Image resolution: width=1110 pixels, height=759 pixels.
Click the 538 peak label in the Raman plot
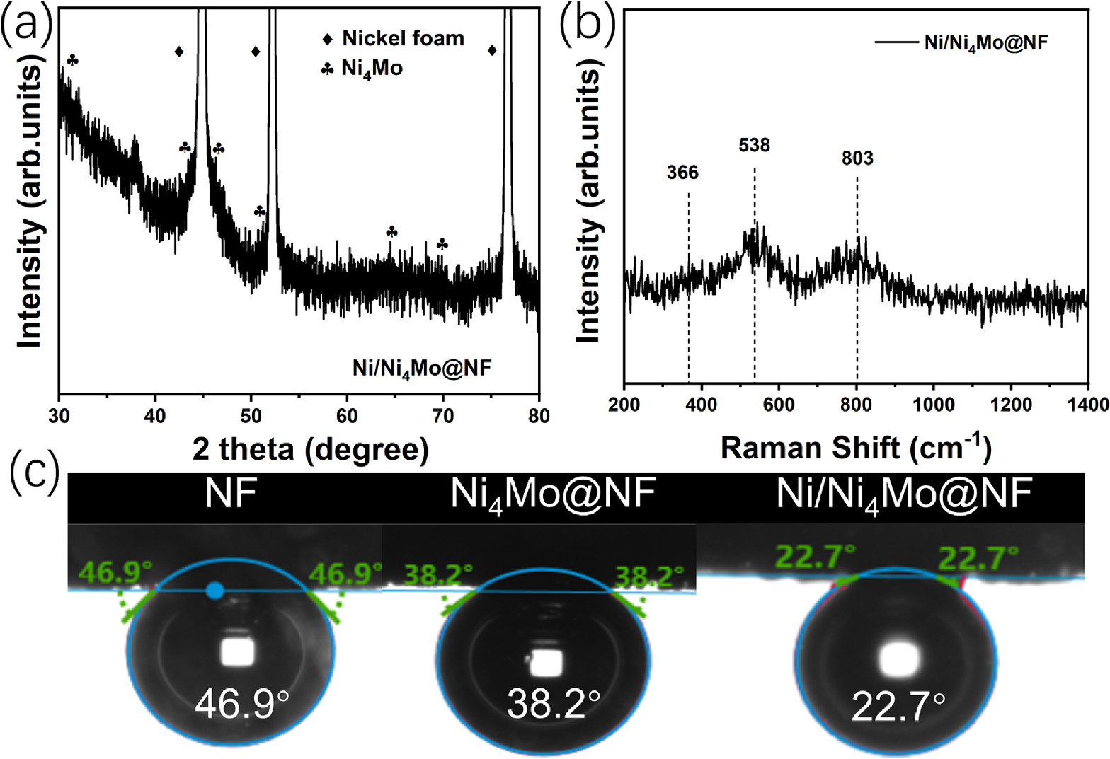tap(754, 146)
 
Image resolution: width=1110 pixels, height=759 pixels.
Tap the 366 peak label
tap(682, 173)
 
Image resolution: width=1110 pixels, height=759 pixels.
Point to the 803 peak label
tap(857, 158)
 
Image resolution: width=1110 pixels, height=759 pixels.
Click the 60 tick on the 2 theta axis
tap(347, 416)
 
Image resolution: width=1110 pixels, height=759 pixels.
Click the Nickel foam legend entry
tap(394, 38)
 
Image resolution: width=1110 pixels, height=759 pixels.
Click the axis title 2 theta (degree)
tap(311, 449)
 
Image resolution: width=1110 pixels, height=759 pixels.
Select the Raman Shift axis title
tap(855, 448)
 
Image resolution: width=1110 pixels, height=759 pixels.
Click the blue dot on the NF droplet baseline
tap(215, 591)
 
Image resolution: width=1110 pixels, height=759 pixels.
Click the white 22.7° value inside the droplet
tap(898, 706)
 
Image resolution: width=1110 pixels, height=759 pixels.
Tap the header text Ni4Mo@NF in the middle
tap(553, 493)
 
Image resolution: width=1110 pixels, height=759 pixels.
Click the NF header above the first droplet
tap(230, 493)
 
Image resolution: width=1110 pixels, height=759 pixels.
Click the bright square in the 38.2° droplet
tap(547, 662)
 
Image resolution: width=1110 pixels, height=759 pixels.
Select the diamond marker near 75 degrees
tap(492, 50)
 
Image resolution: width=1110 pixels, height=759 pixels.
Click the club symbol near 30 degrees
tap(72, 61)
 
